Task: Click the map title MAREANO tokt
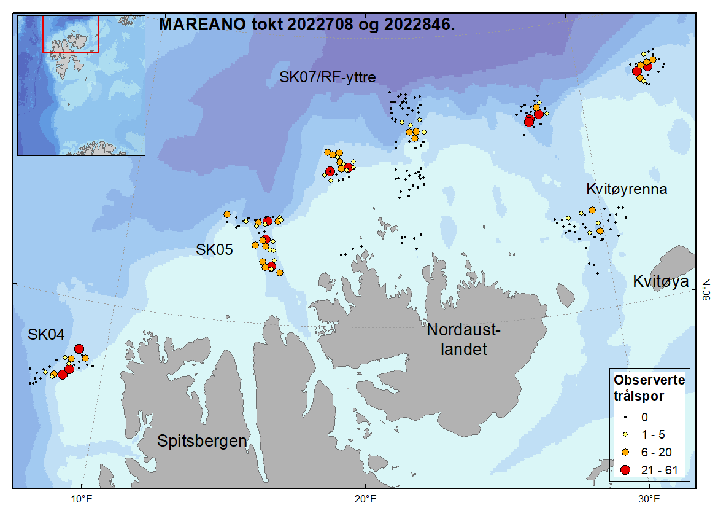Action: click(307, 25)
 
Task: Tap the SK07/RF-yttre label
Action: click(327, 77)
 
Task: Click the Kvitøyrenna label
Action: click(626, 189)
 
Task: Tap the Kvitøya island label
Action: click(661, 281)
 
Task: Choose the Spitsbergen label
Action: click(202, 440)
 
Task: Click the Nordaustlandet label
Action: click(464, 340)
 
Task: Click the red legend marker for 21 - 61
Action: click(625, 470)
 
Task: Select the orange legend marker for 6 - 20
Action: click(625, 451)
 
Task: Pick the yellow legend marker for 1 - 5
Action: click(625, 434)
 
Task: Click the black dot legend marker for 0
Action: click(625, 417)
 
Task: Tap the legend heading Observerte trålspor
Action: click(649, 388)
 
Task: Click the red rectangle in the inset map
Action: click(71, 34)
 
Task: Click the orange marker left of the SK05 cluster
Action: click(227, 214)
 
